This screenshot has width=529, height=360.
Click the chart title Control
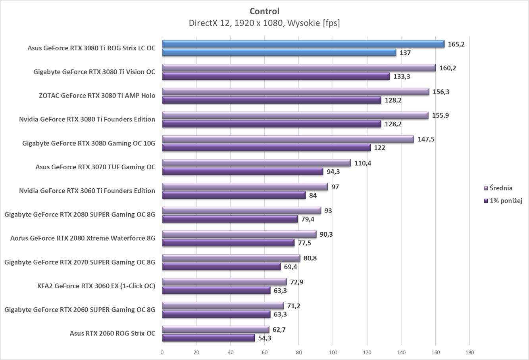pyautogui.click(x=264, y=11)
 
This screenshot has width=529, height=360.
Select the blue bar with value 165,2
pyautogui.click(x=303, y=44)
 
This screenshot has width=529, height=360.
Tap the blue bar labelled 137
pyautogui.click(x=279, y=52)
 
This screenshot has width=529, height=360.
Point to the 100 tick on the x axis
pyautogui.click(x=333, y=352)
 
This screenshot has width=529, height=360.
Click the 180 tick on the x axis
pyautogui.click(x=469, y=352)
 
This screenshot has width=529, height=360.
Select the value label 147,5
pyautogui.click(x=426, y=139)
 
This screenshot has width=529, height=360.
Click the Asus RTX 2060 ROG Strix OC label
pyautogui.click(x=112, y=333)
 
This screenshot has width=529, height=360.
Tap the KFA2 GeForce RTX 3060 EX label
pyautogui.click(x=96, y=286)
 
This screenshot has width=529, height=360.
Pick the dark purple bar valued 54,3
pyautogui.click(x=208, y=338)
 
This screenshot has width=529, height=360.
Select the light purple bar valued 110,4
pyautogui.click(x=256, y=163)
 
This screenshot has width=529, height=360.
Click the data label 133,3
pyautogui.click(x=402, y=77)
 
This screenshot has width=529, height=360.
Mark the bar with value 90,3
pyautogui.click(x=239, y=234)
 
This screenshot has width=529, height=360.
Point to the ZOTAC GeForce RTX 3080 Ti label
pyautogui.click(x=97, y=96)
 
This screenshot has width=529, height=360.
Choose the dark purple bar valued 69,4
pyautogui.click(x=221, y=266)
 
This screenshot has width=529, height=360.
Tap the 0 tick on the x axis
pyautogui.click(x=162, y=352)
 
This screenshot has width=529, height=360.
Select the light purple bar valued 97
pyautogui.click(x=245, y=187)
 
